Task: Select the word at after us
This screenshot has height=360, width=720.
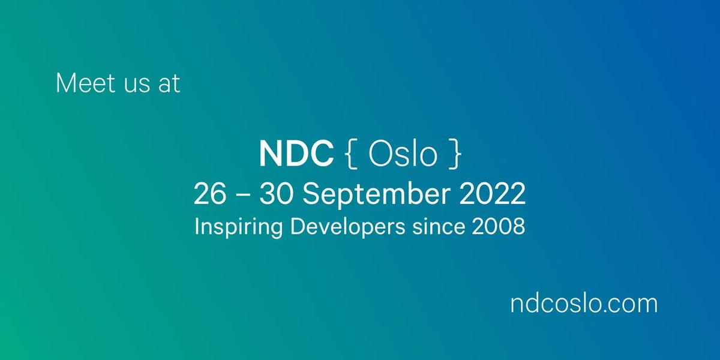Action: click(169, 83)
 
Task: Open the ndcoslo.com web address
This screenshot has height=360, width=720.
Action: click(583, 304)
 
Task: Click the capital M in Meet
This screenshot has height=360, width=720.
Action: click(65, 83)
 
